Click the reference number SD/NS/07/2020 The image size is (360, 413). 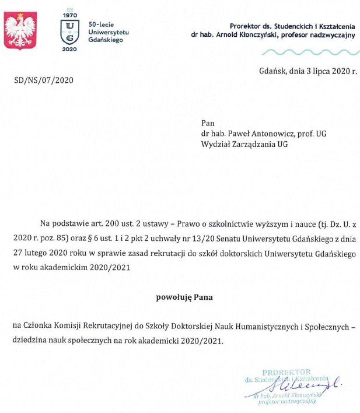click(x=43, y=80)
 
